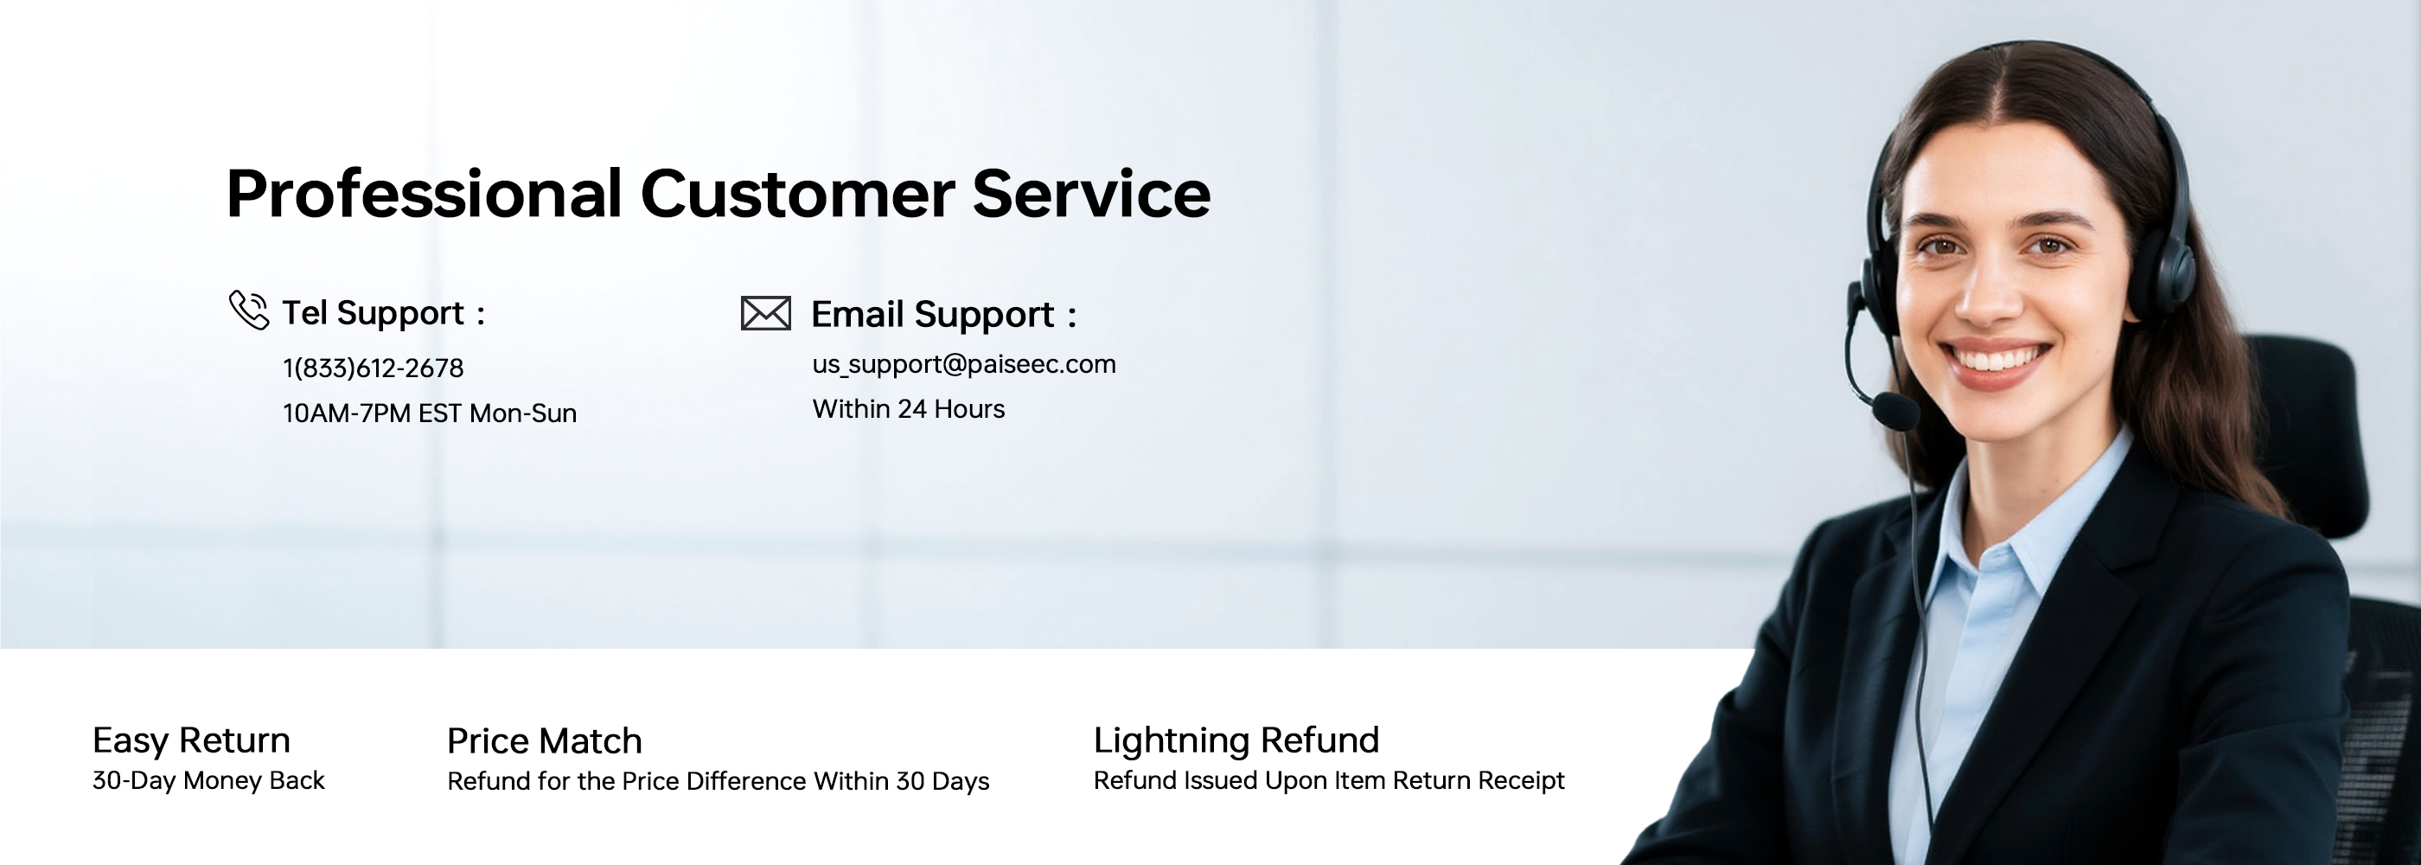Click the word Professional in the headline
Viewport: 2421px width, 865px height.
click(424, 195)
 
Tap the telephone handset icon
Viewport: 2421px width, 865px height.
click(249, 311)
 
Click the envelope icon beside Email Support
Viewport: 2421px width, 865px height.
click(765, 313)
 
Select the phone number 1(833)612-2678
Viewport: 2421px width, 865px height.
click(374, 368)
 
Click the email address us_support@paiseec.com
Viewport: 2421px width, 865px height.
click(963, 364)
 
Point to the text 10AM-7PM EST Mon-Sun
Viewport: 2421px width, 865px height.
click(430, 413)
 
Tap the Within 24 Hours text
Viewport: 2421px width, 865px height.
click(908, 409)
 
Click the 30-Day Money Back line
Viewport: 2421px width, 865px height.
click(208, 780)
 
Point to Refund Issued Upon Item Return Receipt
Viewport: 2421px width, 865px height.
click(1329, 780)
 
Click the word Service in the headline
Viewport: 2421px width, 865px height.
click(1091, 195)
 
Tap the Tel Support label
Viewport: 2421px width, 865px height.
click(374, 313)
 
